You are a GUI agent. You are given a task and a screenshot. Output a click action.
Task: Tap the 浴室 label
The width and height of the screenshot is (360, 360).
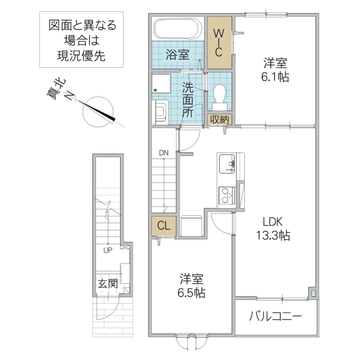(x=177, y=55)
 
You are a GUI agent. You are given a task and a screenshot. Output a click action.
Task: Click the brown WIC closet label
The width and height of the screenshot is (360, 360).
(x=220, y=41)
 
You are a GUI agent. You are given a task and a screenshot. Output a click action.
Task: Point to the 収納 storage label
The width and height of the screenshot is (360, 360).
(x=220, y=119)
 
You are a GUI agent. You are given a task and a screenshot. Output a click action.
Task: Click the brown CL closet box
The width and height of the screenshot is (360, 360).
(x=163, y=226)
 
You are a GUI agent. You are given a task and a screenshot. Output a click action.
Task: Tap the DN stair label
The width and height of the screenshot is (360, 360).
(x=164, y=153)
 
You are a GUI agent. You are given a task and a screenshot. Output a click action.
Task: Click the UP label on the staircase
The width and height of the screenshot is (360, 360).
(x=108, y=250)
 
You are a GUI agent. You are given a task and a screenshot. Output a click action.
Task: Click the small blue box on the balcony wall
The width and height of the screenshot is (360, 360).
(x=313, y=294)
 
